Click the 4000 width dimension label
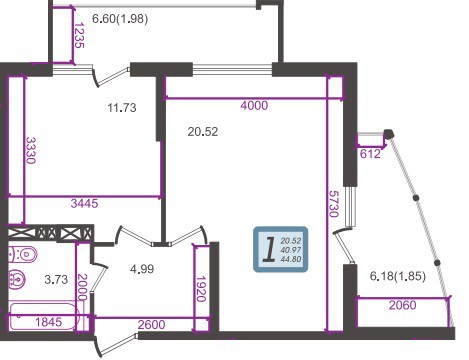pos(254,106)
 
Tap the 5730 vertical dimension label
pos(333,204)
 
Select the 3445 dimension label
pos(84,203)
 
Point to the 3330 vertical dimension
pos(31,150)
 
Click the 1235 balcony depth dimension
pos(79,35)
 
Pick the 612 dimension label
pos(370,154)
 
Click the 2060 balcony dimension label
pos(403,305)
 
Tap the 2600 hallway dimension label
pos(151,325)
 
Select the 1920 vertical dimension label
pos(201,289)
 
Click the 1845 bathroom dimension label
pos(49,322)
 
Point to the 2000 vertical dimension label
pos(82,287)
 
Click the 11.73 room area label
pos(122,108)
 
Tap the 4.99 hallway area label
pos(142,269)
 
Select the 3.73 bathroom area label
pos(56,279)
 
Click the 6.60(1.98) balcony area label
pos(120,19)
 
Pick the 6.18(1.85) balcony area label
pos(398,276)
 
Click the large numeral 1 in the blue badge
pos(269,249)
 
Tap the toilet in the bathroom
pos(22,255)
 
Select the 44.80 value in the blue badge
pos(291,259)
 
